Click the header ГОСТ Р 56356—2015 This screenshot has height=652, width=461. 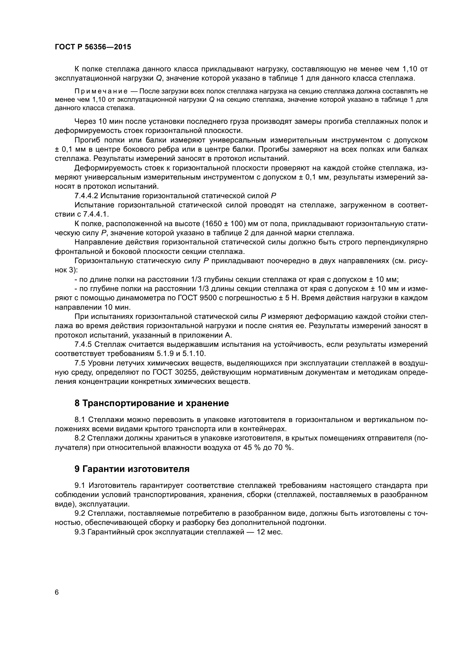[x=93, y=47]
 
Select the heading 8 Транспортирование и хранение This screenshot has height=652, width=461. [x=152, y=403]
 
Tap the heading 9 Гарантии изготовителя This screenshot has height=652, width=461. [x=132, y=469]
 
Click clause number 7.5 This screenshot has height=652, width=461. [x=80, y=363]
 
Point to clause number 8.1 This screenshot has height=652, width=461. [x=80, y=420]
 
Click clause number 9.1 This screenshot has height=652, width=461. [x=80, y=486]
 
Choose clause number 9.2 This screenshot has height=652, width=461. [x=80, y=513]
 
